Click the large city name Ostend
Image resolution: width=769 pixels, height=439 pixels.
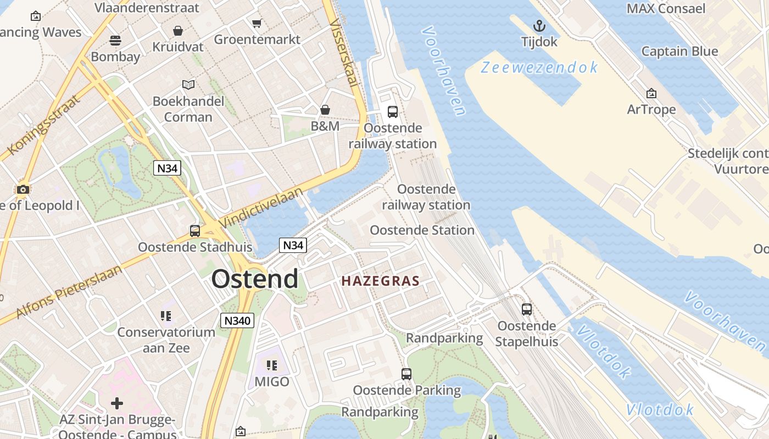coord(255,279)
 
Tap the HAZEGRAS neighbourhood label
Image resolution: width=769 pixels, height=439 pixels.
coord(380,281)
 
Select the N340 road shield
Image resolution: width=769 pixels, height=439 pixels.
coord(237,321)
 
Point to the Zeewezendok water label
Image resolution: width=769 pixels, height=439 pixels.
coord(539,67)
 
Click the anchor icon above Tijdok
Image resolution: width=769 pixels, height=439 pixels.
coord(539,26)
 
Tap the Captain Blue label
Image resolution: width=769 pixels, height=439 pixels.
coord(679,52)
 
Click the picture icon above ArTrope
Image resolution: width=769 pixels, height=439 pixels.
coord(651,93)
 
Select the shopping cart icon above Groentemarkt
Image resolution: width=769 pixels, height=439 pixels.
coord(257,23)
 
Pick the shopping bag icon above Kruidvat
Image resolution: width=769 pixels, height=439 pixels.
coord(178,31)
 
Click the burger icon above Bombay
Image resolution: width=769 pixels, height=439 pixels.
coord(115,40)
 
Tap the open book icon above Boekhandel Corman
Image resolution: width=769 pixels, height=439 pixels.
coord(188,85)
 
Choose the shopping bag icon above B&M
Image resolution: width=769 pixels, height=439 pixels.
coord(325,110)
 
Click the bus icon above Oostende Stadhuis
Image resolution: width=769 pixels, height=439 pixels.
coord(195,230)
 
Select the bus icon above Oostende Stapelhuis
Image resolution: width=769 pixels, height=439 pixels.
coord(527,309)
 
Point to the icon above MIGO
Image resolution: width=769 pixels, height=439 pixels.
coord(272,365)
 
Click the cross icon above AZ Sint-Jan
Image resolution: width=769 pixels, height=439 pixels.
coord(117,404)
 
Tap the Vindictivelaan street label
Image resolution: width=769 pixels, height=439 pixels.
coord(261,207)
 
